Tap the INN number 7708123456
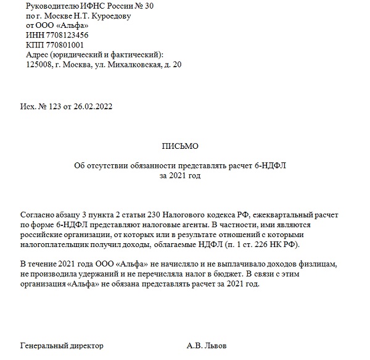[x=65, y=36]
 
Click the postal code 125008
[x=39, y=65]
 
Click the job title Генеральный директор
[x=62, y=345]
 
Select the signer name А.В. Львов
[x=207, y=345]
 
